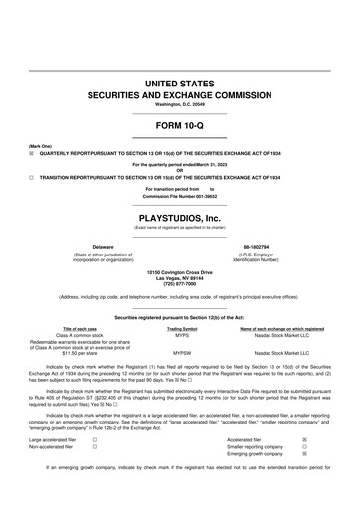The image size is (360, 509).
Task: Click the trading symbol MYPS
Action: point(182,335)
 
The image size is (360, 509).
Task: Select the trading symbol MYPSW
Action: point(182,353)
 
